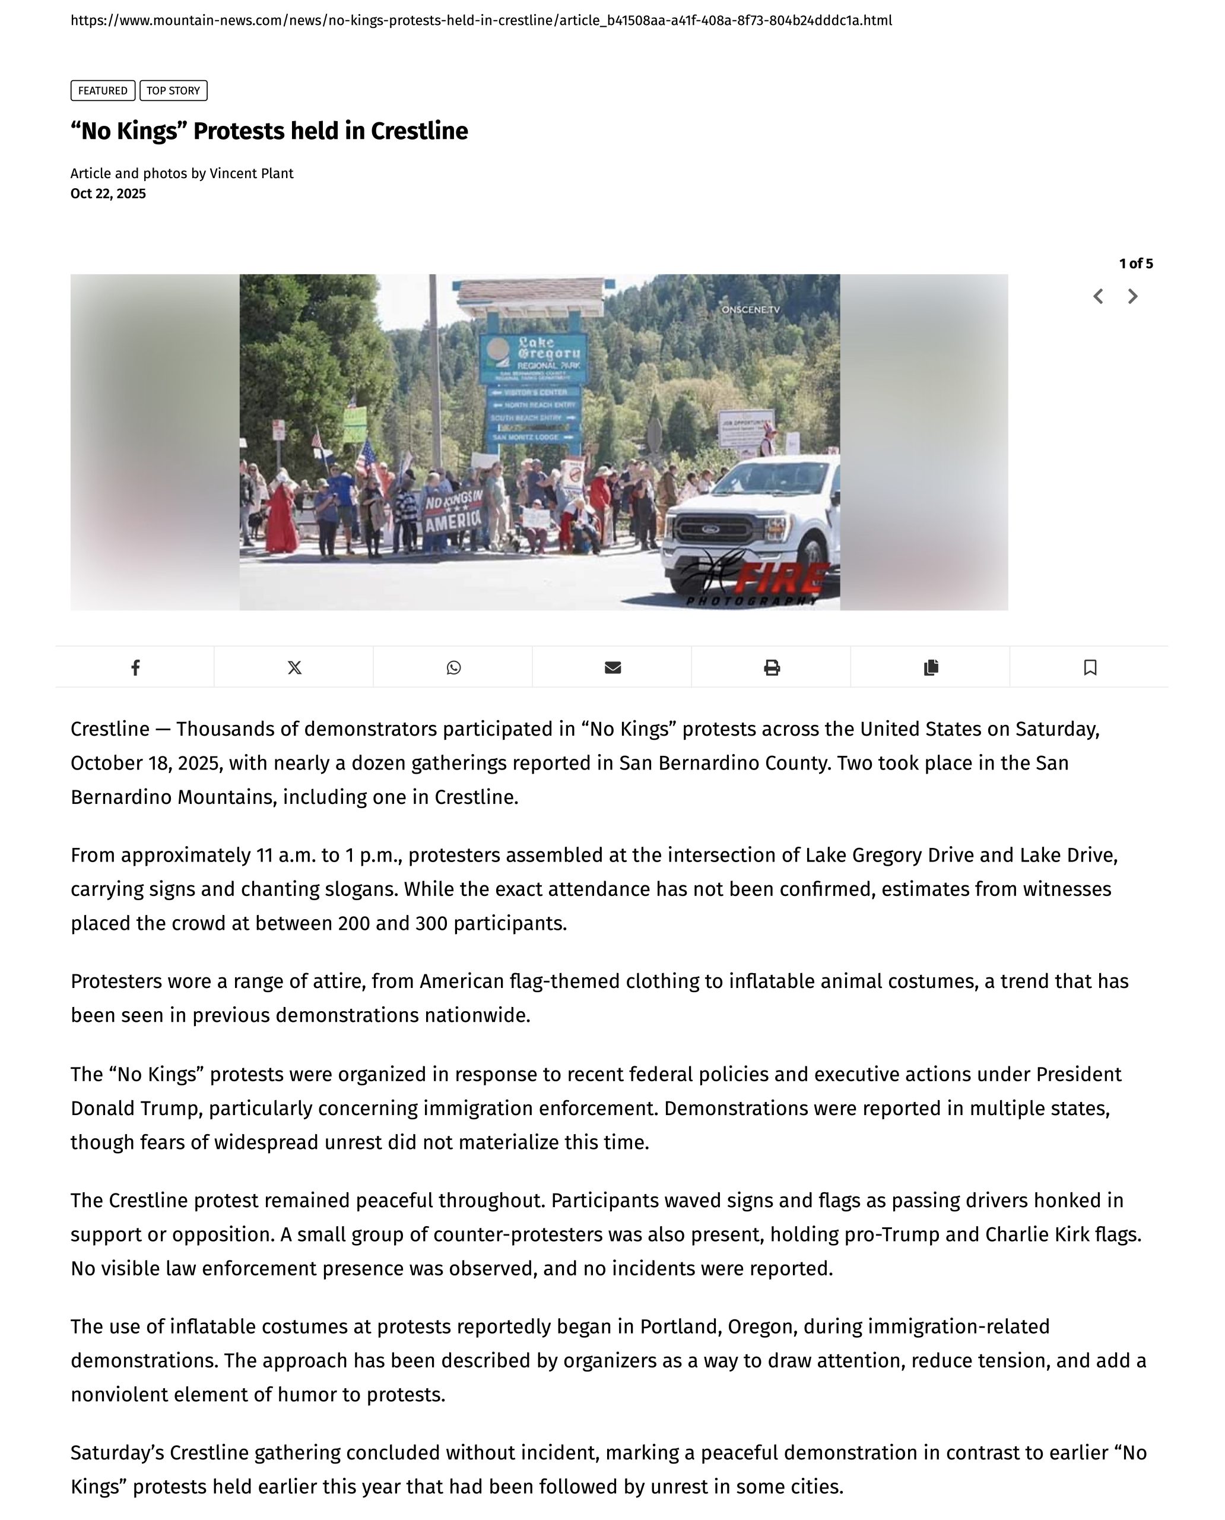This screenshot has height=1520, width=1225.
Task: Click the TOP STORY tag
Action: [173, 90]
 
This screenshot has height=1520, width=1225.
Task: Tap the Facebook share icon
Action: [135, 667]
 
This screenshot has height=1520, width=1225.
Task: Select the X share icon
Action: [294, 667]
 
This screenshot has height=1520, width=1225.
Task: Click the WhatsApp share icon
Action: [453, 667]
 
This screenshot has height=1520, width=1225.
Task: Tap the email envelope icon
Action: [612, 667]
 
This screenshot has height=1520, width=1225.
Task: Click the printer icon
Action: [772, 667]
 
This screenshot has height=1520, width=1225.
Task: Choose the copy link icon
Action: [931, 667]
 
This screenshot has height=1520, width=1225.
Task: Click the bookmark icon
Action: [1090, 667]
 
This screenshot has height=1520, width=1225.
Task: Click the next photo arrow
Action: [1132, 296]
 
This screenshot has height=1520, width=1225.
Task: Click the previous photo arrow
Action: [1098, 296]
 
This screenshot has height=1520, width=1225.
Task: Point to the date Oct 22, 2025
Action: [108, 194]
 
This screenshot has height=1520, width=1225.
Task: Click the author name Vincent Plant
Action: [251, 174]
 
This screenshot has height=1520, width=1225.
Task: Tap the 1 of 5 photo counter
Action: [1135, 264]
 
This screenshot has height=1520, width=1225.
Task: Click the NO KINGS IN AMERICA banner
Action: [452, 511]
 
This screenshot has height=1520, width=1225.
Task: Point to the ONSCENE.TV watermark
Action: [750, 309]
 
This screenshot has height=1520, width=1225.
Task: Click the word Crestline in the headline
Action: [419, 131]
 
